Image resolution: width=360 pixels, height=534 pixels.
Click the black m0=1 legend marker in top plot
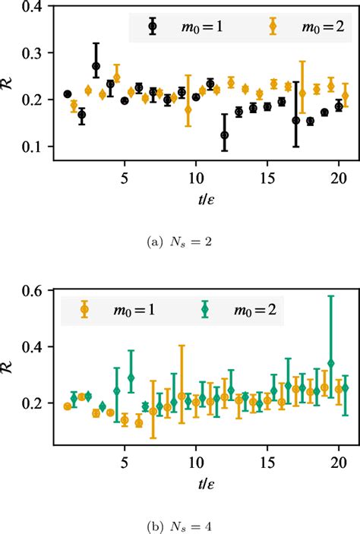[x=153, y=25]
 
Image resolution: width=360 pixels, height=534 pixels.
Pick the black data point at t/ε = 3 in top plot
[x=96, y=66]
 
